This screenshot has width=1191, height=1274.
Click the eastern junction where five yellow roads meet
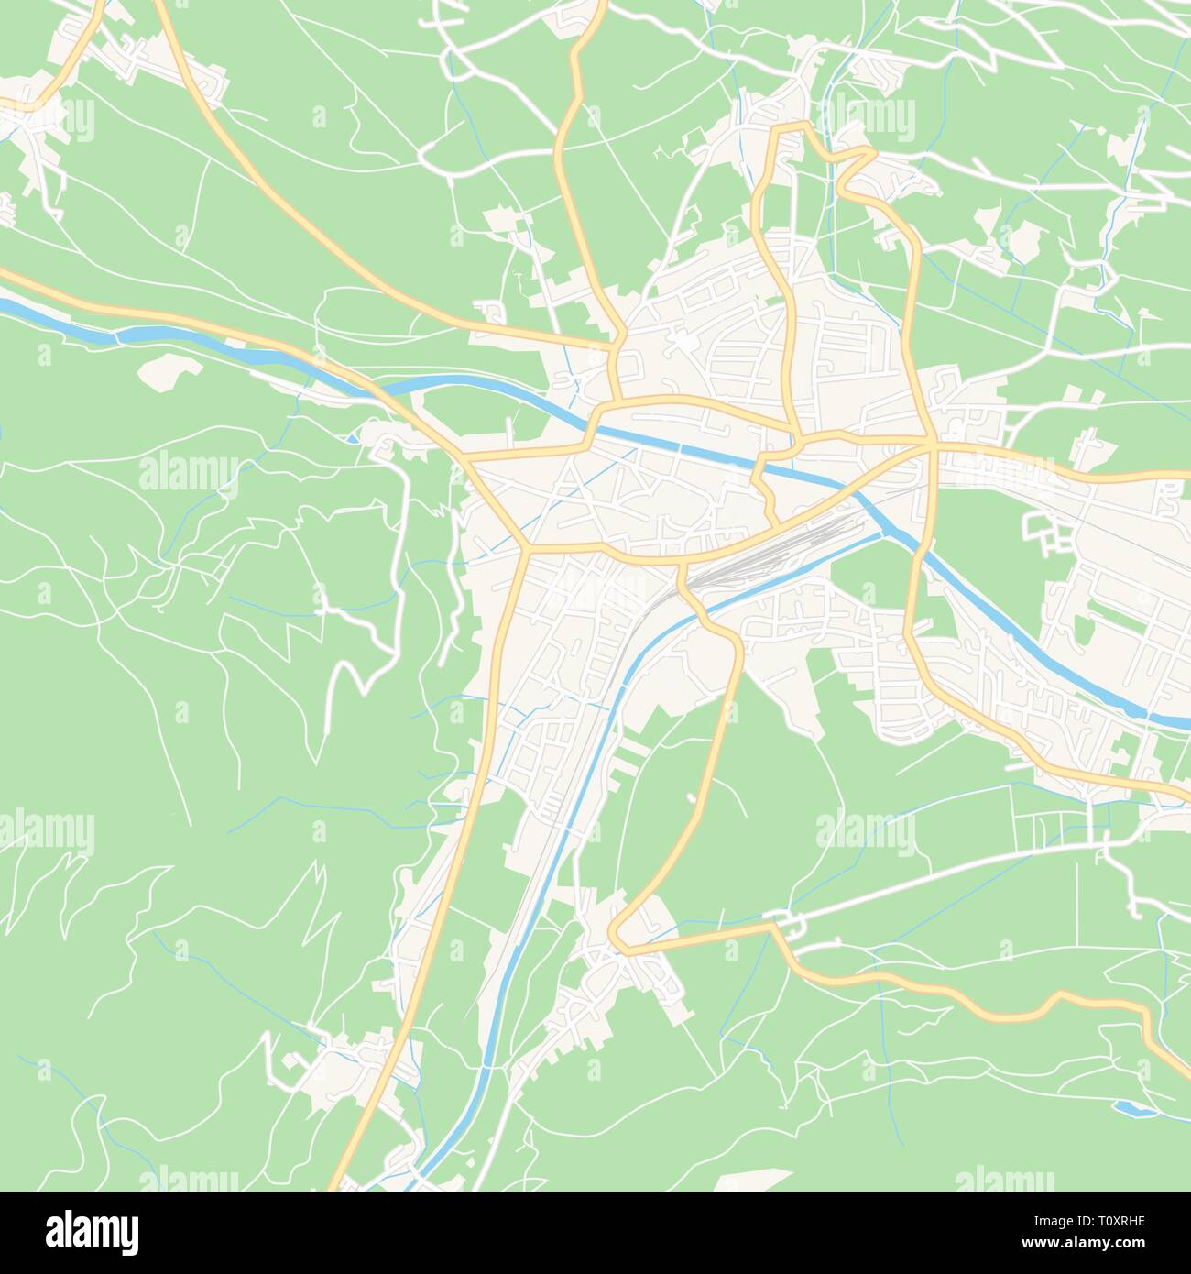point(930,445)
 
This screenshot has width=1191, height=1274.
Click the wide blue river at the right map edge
point(1173,721)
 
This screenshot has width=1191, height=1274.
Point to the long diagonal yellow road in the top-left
point(275,202)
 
